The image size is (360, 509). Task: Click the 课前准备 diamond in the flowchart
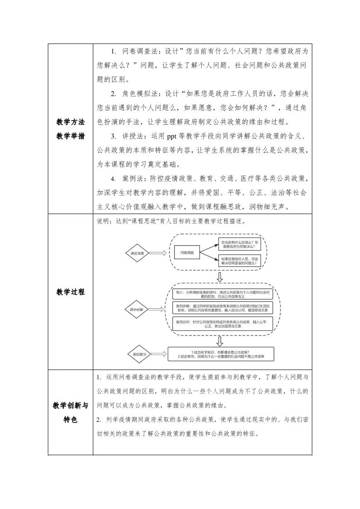tap(137, 254)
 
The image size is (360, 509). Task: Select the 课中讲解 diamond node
tap(137, 310)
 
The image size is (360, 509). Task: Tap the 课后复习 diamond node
tap(137, 354)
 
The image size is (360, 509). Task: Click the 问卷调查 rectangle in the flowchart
tap(187, 252)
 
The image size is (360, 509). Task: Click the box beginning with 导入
tap(223, 294)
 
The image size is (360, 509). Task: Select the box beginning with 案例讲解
tap(223, 309)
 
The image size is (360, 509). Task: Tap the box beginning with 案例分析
tap(223, 324)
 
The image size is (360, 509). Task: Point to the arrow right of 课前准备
tap(158, 254)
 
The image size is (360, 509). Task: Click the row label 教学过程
tap(70, 292)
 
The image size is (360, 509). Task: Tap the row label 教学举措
tap(70, 136)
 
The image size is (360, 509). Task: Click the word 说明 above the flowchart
tap(102, 221)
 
